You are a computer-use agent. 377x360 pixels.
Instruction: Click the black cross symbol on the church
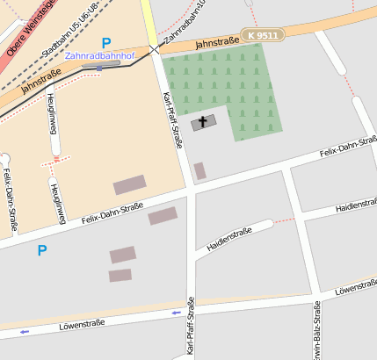pos(203,123)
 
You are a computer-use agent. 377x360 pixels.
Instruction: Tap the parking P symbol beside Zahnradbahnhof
pos(106,42)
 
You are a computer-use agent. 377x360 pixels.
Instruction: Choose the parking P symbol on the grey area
pos(41,250)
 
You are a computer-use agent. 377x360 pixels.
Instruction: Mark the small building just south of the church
pos(200,170)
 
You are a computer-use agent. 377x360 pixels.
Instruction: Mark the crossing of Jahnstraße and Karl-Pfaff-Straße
pos(156,49)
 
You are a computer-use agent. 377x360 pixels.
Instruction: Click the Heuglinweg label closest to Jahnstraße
pos(54,114)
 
